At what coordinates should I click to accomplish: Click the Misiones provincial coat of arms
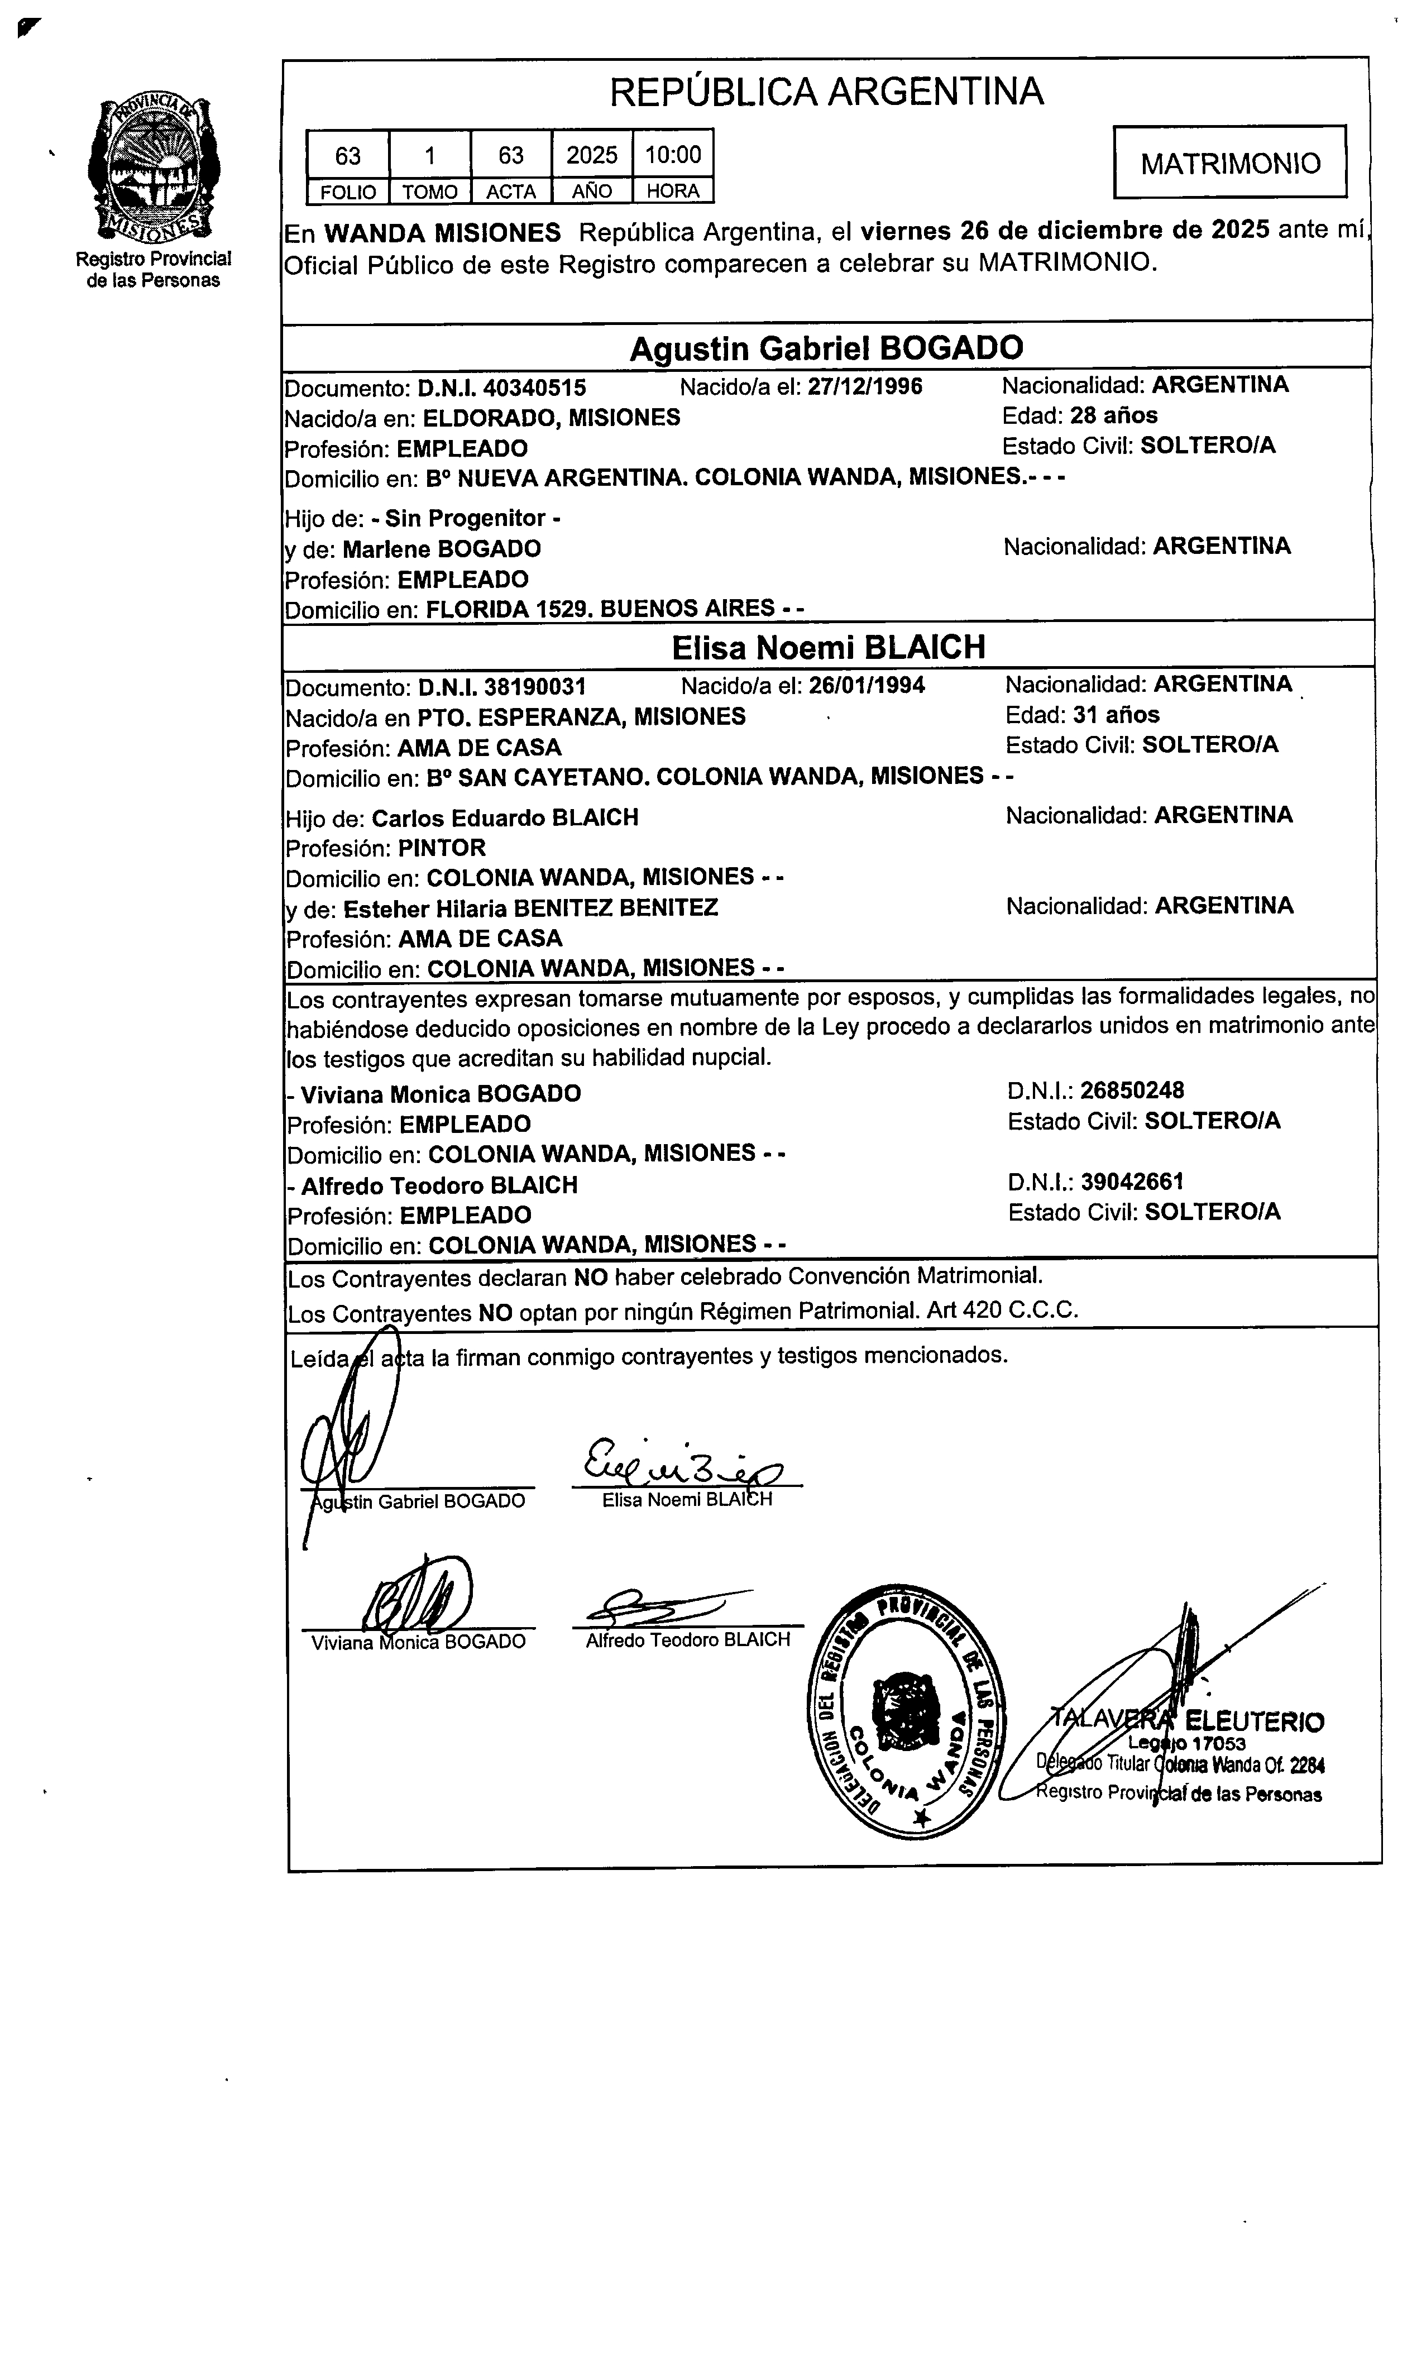(152, 169)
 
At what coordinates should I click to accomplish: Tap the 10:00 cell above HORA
(673, 154)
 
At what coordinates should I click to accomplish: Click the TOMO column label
(429, 192)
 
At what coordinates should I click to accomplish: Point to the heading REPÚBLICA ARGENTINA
(826, 92)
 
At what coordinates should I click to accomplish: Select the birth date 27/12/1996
(865, 386)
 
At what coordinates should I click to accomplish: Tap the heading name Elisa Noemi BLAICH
(828, 648)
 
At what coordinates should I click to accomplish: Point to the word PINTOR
(442, 848)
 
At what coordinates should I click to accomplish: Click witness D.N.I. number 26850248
(1131, 1091)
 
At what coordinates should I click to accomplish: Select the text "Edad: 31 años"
(1082, 715)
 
